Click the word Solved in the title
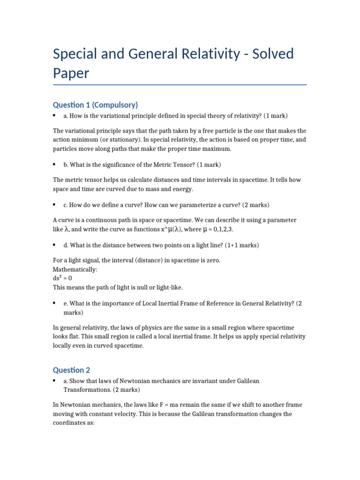pyautogui.click(x=273, y=54)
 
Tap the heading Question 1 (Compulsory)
pyautogui.click(x=95, y=104)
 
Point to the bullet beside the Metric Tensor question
pyautogui.click(x=55, y=165)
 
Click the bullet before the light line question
pyautogui.click(x=55, y=245)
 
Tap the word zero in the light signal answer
pyautogui.click(x=214, y=260)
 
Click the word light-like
pyautogui.click(x=167, y=287)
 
